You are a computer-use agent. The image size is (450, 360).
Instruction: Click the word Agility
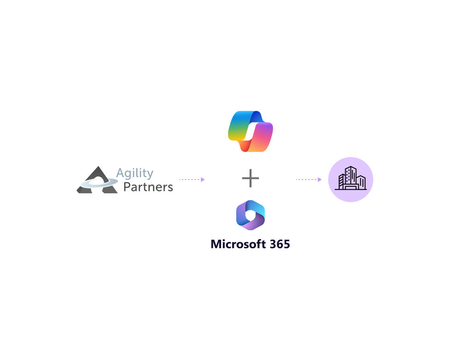click(135, 174)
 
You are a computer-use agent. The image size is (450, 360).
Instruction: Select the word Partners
click(148, 187)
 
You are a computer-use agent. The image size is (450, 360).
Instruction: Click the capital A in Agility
click(120, 173)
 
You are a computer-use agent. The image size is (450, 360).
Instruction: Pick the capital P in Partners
click(127, 187)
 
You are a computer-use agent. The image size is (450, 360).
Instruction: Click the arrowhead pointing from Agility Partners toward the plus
click(203, 180)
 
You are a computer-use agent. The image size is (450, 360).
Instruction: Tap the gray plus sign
click(250, 178)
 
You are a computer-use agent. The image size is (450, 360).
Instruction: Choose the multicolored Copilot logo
click(250, 131)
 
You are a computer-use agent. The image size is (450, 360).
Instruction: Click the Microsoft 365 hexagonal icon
click(250, 215)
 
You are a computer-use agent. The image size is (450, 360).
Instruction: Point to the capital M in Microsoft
click(217, 244)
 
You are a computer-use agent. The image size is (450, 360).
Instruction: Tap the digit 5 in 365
click(286, 244)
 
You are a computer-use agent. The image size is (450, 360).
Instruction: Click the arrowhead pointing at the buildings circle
click(320, 180)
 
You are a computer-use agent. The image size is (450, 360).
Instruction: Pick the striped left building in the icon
click(342, 181)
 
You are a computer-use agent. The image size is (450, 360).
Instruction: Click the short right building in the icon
click(361, 182)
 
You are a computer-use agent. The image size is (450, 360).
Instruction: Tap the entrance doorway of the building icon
click(351, 186)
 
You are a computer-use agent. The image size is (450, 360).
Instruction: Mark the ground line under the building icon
click(351, 189)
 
